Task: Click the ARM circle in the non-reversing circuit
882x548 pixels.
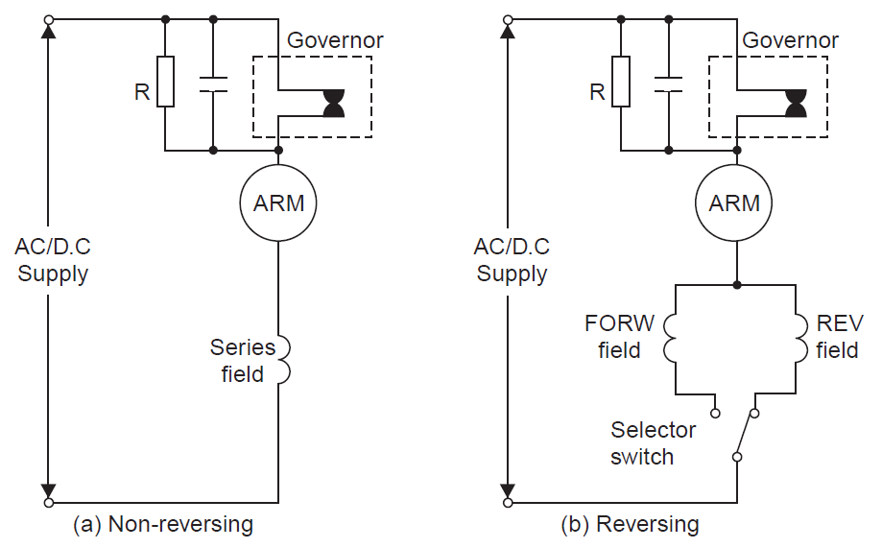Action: [x=278, y=203]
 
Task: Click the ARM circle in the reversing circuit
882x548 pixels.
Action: [x=735, y=203]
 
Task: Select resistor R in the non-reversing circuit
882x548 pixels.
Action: [x=165, y=83]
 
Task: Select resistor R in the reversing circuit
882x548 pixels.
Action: [x=621, y=83]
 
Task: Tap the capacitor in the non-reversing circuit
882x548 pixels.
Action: [x=213, y=84]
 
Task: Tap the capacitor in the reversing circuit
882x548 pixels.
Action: [x=669, y=84]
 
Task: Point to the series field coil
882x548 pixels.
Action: [x=281, y=360]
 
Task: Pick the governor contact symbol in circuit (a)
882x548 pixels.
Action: [x=333, y=104]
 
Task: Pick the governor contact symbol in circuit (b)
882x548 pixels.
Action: [x=795, y=104]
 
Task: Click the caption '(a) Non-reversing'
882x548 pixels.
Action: [x=163, y=525]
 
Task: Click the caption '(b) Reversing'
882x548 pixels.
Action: [x=630, y=525]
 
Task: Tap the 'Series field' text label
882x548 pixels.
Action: [x=243, y=361]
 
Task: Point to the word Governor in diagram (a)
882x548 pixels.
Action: [x=335, y=40]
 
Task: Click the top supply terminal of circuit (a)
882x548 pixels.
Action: [x=49, y=18]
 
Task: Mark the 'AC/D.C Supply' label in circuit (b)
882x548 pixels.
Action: [x=512, y=260]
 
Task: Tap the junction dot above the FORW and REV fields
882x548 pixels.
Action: [x=736, y=285]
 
